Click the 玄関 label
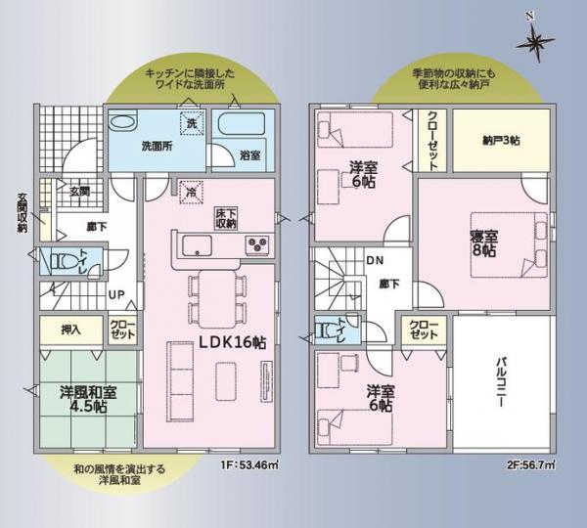[x=79, y=191]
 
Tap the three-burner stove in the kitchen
[x=256, y=243]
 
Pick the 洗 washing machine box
[x=193, y=125]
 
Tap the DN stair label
[x=375, y=260]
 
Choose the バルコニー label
[x=500, y=384]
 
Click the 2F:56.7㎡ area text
[x=531, y=465]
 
